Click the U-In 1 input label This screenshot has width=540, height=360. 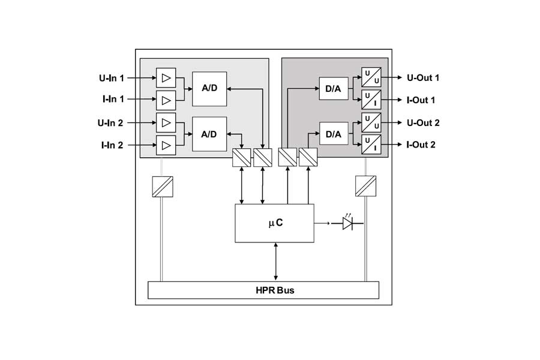(111, 78)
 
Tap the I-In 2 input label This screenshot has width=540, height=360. (112, 145)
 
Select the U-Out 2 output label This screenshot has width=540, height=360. (423, 122)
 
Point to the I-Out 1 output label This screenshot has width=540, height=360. (421, 100)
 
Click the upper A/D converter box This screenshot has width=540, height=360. (209, 89)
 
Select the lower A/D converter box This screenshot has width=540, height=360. (209, 134)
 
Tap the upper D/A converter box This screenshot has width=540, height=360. (334, 89)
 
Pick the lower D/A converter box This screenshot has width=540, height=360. (334, 134)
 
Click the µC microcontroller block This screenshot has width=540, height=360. (274, 223)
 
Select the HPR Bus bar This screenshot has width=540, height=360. (263, 290)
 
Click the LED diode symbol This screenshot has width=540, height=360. (347, 223)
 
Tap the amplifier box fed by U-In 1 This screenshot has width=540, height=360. (166, 78)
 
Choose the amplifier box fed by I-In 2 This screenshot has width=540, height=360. (166, 145)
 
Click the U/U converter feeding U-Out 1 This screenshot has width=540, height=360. (371, 77)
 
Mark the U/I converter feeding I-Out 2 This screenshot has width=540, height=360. (371, 145)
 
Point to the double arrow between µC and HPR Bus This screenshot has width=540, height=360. (275, 262)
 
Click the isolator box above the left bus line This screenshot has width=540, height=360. (163, 187)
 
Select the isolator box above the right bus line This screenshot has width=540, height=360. (366, 186)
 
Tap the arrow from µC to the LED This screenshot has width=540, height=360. (322, 223)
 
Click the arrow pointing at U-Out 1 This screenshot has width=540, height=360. (392, 77)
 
